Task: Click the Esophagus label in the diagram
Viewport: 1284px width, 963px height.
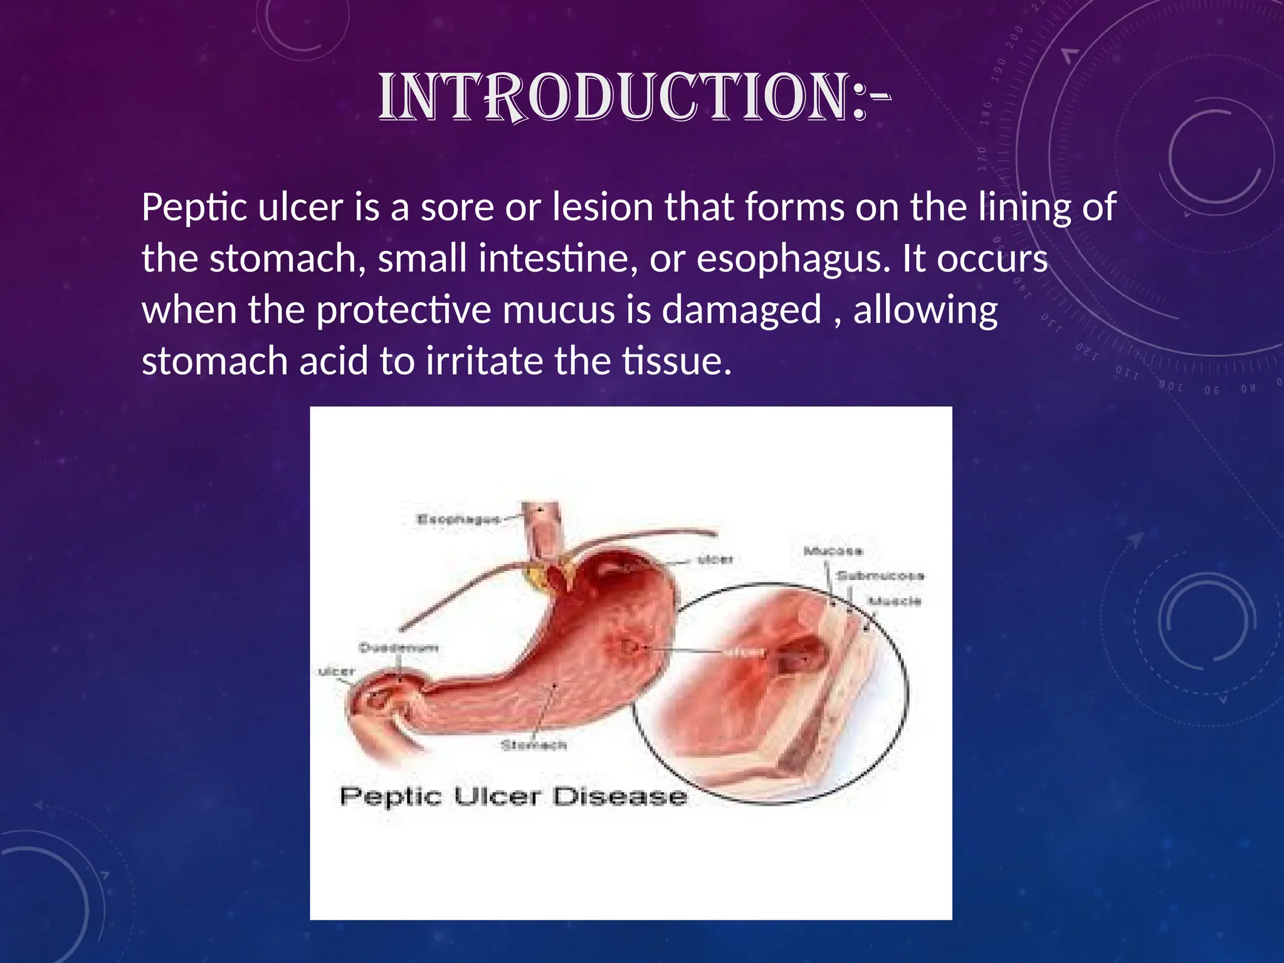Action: click(458, 519)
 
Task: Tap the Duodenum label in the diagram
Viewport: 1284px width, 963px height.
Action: click(398, 648)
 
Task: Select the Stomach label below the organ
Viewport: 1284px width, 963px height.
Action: click(534, 745)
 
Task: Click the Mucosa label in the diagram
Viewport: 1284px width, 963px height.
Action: click(833, 551)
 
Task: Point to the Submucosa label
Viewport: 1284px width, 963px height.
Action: click(880, 576)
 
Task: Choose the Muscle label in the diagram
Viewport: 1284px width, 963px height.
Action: click(895, 601)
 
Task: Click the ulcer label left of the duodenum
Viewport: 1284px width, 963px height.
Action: click(337, 672)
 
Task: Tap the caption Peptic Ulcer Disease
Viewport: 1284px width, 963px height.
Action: click(513, 797)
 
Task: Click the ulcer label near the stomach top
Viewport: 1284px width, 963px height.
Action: click(715, 559)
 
